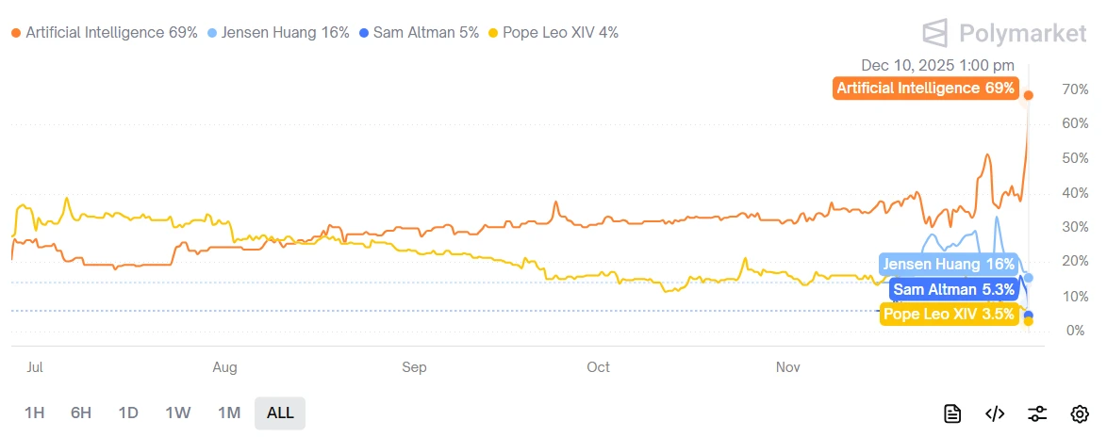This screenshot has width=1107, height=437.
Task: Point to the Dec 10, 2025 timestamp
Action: click(x=937, y=65)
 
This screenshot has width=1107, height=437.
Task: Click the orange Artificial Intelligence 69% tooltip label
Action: click(x=926, y=89)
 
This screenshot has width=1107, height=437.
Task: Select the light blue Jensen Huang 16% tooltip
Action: click(x=949, y=265)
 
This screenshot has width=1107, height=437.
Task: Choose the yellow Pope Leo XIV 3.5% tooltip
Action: click(x=950, y=315)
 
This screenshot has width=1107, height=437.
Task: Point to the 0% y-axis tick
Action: click(x=1069, y=331)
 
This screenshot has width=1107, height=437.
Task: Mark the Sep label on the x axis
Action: click(x=414, y=367)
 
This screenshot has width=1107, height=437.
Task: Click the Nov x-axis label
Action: click(x=787, y=367)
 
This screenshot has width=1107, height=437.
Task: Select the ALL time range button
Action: click(x=280, y=413)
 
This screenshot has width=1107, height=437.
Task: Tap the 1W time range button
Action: click(x=178, y=413)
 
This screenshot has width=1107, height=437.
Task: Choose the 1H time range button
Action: click(x=35, y=413)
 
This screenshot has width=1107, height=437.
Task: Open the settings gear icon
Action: click(x=1080, y=413)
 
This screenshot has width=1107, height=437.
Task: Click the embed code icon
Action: click(x=995, y=413)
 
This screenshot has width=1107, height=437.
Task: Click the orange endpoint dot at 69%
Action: click(x=1029, y=95)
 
